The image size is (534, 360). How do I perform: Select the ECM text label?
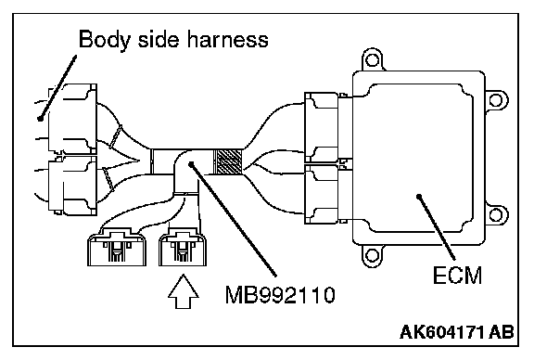[x=457, y=276]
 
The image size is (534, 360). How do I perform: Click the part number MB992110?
[x=280, y=295]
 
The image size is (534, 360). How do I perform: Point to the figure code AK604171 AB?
[x=457, y=332]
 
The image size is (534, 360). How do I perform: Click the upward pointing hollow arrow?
[x=184, y=292]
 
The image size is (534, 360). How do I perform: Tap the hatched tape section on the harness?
[x=227, y=161]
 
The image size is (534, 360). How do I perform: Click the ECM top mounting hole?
[x=372, y=60]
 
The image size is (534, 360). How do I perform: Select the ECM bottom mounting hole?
[x=372, y=255]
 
